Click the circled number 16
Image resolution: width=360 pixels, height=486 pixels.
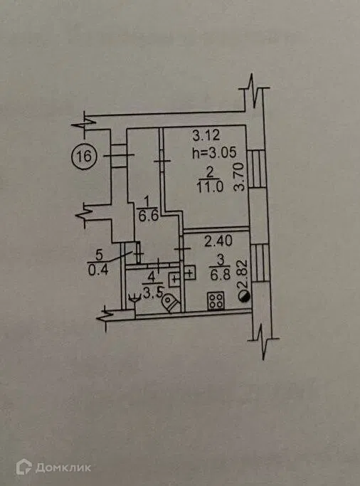(84, 157)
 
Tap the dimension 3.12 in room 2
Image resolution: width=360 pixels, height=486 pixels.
(206, 135)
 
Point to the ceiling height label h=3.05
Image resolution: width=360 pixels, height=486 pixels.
(214, 152)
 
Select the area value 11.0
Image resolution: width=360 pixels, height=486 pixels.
(210, 187)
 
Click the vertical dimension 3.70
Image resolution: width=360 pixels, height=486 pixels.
(240, 177)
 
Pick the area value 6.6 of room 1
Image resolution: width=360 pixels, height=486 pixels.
(149, 216)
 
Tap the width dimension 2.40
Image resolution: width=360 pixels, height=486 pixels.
(218, 241)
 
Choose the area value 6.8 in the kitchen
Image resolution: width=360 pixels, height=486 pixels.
(221, 275)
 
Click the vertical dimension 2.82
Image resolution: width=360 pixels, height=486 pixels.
(243, 275)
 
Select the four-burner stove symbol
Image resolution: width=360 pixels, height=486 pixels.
(216, 301)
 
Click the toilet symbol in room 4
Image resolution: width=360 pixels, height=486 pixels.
(171, 303)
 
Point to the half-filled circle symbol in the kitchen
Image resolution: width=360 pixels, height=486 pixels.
(243, 297)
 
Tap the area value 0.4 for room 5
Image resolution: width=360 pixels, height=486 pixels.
(98, 270)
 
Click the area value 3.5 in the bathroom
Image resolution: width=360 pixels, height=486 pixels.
(152, 292)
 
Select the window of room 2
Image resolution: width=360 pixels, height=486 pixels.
(257, 169)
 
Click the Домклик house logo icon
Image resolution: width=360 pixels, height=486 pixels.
(24, 467)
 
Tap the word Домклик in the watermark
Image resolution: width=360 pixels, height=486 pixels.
(63, 467)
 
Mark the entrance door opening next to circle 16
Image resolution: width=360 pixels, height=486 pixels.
(119, 156)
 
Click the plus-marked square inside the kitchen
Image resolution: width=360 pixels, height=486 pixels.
(189, 273)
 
